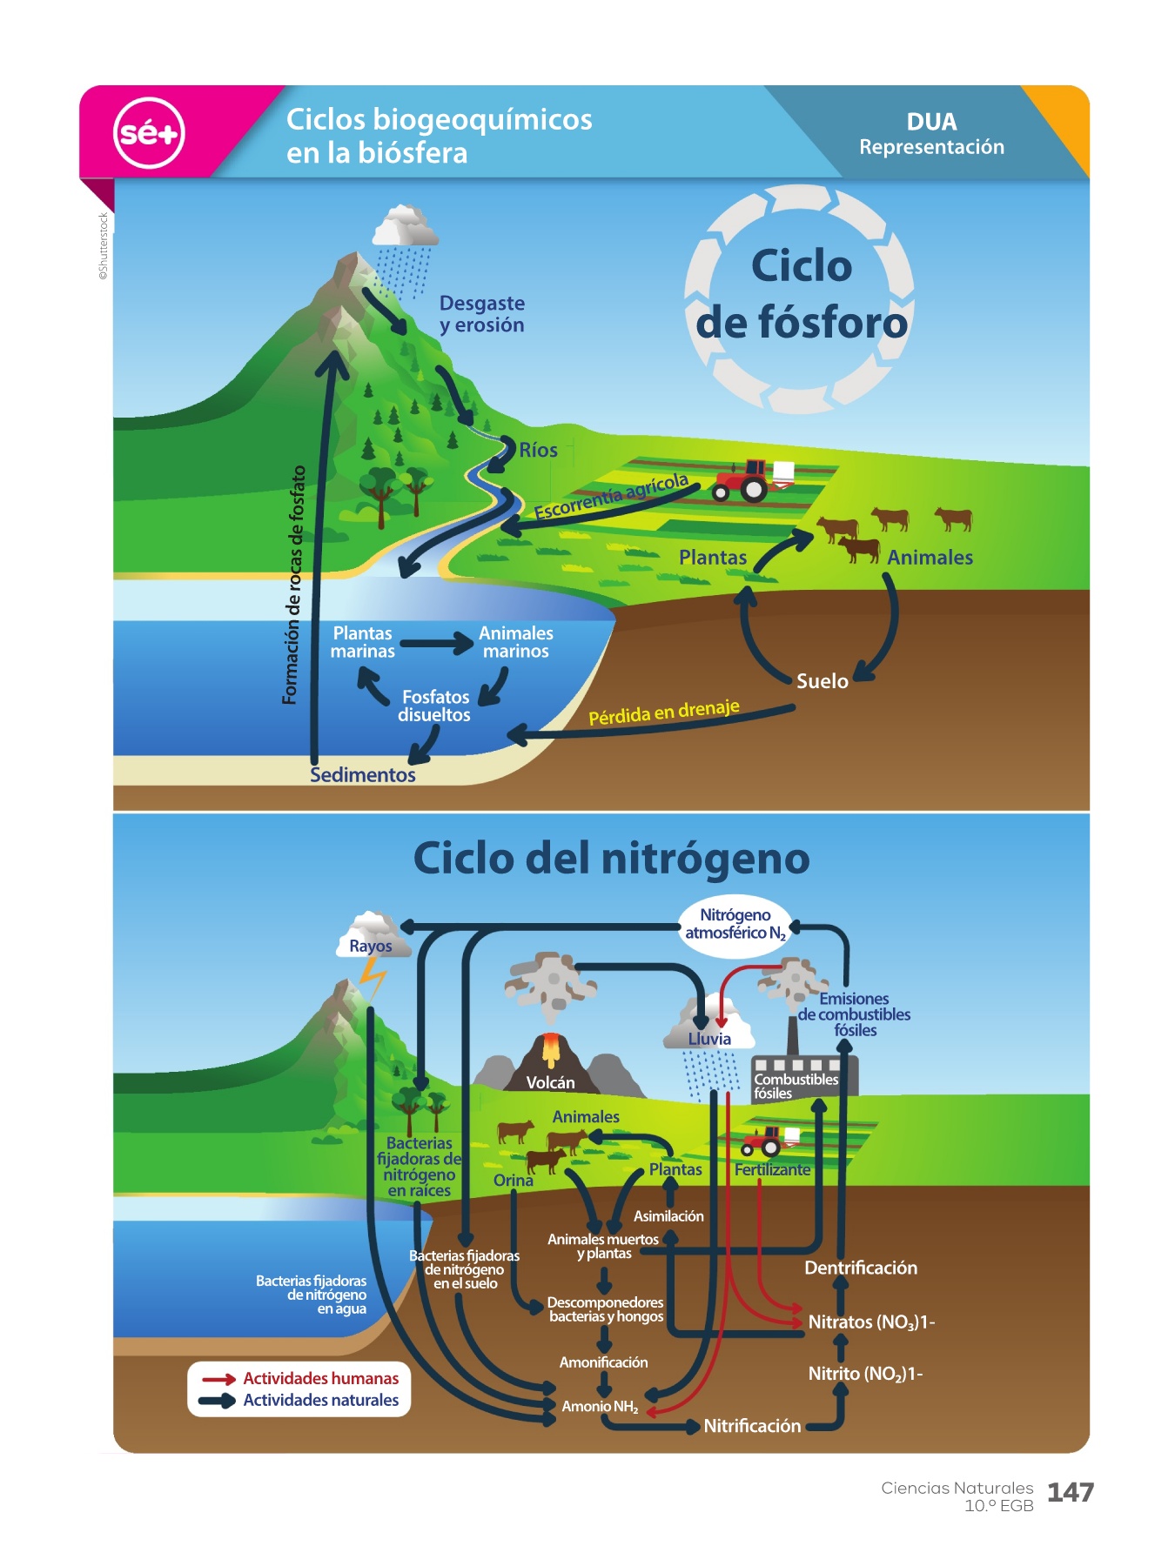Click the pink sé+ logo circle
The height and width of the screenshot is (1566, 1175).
(149, 133)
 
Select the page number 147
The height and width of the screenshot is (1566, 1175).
(1070, 1493)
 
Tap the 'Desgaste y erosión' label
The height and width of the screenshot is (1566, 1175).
(481, 314)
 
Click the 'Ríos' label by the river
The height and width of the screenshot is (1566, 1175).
(538, 450)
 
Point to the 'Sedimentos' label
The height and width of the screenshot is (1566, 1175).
(363, 774)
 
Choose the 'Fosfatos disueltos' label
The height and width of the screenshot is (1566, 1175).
(434, 706)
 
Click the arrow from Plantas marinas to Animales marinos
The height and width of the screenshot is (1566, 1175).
(436, 644)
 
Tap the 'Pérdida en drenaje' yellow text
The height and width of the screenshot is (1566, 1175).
(663, 712)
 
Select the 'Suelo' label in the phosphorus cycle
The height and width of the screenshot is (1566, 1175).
(822, 680)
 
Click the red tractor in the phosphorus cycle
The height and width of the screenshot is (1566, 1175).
(743, 479)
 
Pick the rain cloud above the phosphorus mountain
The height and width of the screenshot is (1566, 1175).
(404, 228)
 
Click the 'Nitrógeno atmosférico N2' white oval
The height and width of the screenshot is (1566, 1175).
(735, 925)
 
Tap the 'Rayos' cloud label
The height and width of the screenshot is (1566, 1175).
(371, 946)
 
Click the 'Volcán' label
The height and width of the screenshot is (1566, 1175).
(550, 1082)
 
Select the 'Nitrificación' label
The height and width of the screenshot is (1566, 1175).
(752, 1426)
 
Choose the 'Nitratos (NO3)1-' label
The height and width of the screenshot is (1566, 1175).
(870, 1322)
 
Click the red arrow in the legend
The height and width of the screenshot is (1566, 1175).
(218, 1379)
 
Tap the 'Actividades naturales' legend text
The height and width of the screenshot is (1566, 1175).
(320, 1401)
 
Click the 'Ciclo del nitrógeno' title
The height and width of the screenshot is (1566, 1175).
(611, 858)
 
